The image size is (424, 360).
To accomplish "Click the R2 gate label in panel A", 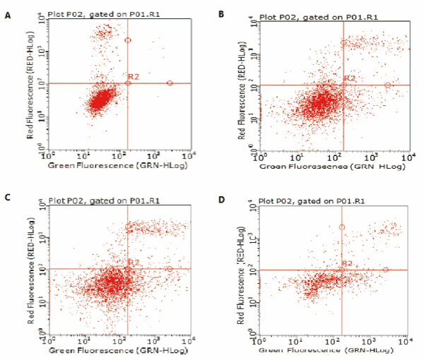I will [x=133, y=76].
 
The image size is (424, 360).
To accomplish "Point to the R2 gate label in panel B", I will [x=350, y=78].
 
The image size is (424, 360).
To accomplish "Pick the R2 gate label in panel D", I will [x=347, y=263].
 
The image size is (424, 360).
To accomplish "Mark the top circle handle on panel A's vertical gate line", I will [x=128, y=40].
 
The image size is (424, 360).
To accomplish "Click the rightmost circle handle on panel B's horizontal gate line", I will [x=387, y=85].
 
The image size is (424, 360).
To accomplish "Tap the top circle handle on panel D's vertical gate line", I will [x=342, y=227].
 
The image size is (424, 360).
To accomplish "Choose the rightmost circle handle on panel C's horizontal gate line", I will [x=170, y=269].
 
